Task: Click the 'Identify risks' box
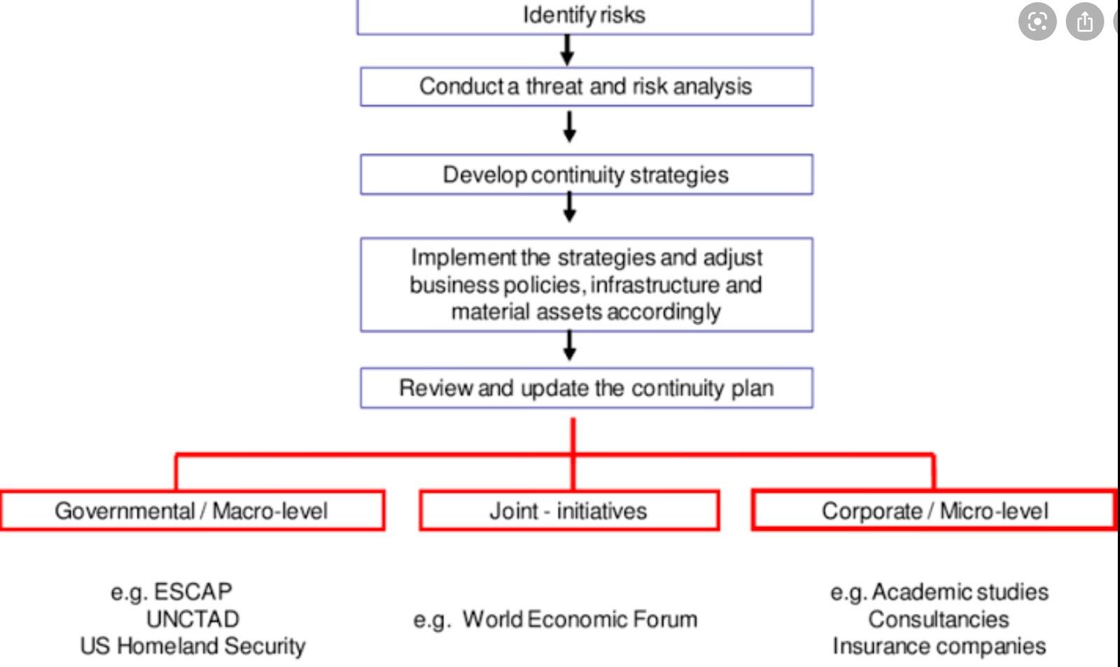[584, 15]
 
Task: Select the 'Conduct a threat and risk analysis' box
[586, 87]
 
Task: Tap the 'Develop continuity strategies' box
[586, 174]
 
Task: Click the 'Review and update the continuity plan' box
[586, 388]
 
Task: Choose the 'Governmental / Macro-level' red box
[192, 511]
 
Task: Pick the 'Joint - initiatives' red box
[568, 511]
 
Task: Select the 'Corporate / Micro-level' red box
[934, 511]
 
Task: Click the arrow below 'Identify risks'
[568, 50]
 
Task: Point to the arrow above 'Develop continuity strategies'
[570, 127]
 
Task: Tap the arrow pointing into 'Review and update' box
[570, 345]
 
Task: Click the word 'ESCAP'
[192, 592]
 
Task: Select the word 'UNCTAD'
[192, 619]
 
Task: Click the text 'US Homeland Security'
[192, 646]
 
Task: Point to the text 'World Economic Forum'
[580, 619]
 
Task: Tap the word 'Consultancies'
[939, 619]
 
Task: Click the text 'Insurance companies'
[939, 646]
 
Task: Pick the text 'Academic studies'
[960, 592]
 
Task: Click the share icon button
[1084, 22]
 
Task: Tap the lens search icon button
[1037, 22]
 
